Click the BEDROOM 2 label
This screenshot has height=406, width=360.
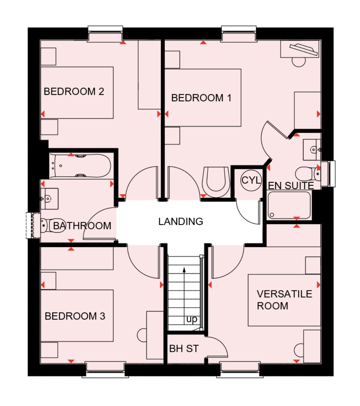click(74, 92)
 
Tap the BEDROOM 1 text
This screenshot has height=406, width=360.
click(201, 98)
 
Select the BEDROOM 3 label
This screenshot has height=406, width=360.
click(75, 316)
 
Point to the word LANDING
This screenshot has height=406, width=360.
click(181, 222)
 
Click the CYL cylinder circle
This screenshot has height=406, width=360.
click(251, 180)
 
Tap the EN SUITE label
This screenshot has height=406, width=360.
click(291, 186)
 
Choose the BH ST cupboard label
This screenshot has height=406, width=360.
click(184, 349)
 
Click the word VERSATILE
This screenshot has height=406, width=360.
click(284, 294)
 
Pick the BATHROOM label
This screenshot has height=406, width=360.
click(82, 226)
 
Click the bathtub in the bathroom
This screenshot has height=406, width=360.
click(80, 165)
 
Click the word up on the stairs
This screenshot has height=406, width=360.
click(192, 319)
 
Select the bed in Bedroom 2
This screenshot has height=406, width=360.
click(77, 93)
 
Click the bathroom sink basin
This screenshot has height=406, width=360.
click(49, 199)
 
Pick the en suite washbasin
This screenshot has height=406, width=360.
click(313, 150)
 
